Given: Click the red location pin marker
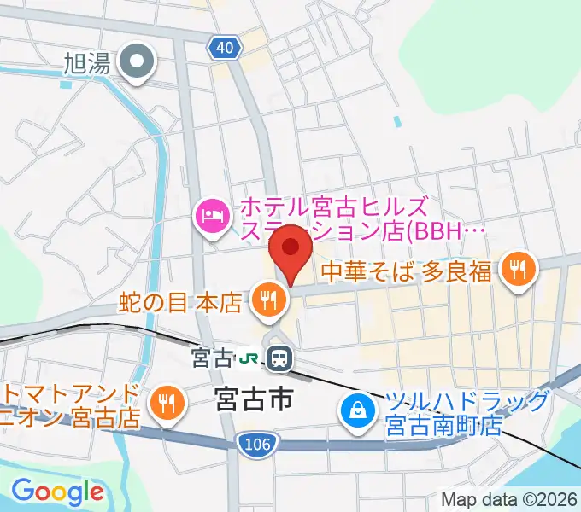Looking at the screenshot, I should [x=290, y=248].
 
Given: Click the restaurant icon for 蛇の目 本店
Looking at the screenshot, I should [x=268, y=300].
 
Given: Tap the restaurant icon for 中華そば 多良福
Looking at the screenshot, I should [x=517, y=270].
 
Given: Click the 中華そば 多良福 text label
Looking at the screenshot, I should [x=407, y=271].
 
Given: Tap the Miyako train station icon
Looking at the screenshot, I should [x=279, y=358].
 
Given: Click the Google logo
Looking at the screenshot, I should [x=58, y=491].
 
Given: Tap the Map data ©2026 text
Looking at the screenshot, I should [x=509, y=499].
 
